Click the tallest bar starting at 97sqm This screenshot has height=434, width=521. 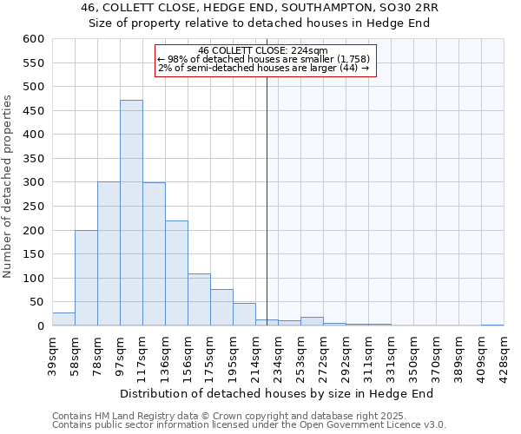[x=131, y=213]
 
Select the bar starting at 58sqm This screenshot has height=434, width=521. [x=86, y=278]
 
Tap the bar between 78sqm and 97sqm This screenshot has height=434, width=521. [x=109, y=253]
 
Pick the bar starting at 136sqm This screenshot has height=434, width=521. [x=176, y=273]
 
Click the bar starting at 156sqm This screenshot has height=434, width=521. [x=199, y=299]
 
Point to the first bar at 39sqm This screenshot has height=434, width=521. [x=63, y=319]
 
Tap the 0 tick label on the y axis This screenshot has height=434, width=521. [x=40, y=326]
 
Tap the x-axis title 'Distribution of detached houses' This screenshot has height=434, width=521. [x=276, y=393]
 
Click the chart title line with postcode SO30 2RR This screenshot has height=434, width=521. [x=260, y=8]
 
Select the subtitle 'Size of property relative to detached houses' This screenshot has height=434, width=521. [x=260, y=23]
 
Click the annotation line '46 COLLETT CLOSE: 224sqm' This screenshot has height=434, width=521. [x=262, y=50]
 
